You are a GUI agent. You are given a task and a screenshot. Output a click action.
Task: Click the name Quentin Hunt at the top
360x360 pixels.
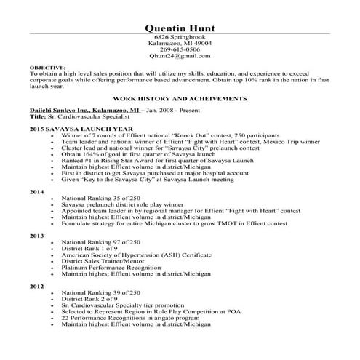pyautogui.click(x=180, y=28)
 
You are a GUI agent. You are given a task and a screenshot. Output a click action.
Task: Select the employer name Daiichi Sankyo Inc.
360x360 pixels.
pyautogui.click(x=61, y=109)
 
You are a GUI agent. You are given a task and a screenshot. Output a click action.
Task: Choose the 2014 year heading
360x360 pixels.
pyautogui.click(x=36, y=191)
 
